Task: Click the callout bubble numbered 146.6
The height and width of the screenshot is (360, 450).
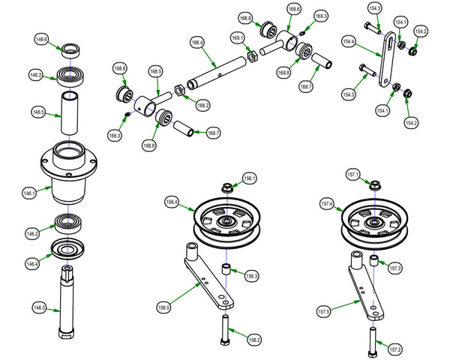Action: (40, 40)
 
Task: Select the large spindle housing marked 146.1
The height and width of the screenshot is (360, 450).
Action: (70, 172)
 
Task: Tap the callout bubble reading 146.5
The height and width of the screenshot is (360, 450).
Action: (37, 112)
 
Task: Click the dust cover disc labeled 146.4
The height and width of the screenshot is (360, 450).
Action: (70, 250)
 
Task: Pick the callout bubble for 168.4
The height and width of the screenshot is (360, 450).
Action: (196, 43)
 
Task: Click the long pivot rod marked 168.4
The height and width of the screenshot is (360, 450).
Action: (218, 72)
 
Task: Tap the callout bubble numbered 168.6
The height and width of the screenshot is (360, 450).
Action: (293, 9)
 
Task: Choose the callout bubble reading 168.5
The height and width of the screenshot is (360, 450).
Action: (155, 72)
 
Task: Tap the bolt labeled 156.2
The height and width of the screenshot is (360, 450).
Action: (225, 329)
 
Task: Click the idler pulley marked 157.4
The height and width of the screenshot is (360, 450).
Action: (373, 221)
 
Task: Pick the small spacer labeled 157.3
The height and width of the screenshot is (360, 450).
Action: (373, 262)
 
